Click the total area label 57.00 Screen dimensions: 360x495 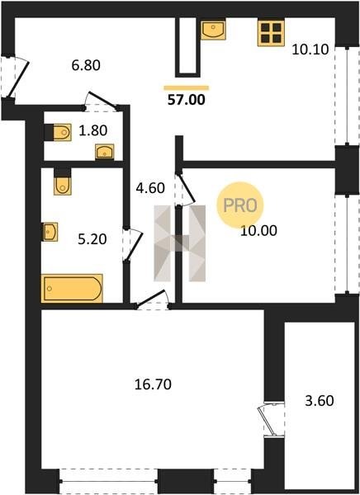pyautogui.click(x=186, y=100)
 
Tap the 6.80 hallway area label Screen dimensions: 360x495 pyautogui.click(x=86, y=65)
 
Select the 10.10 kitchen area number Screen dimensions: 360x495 pyautogui.click(x=310, y=49)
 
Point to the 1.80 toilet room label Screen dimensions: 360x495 pyautogui.click(x=93, y=130)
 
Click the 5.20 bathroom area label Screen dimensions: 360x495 pyautogui.click(x=92, y=239)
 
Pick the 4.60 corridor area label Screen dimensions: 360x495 pyautogui.click(x=150, y=188)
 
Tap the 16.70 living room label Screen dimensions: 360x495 pyautogui.click(x=153, y=384)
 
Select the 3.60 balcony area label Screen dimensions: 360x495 pyautogui.click(x=320, y=401)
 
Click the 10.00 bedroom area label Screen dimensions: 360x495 pyautogui.click(x=258, y=231)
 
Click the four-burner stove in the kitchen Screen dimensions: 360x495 pyautogui.click(x=271, y=32)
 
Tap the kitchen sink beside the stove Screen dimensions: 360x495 pyautogui.click(x=213, y=30)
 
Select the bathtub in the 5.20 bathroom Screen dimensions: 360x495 pyautogui.click(x=72, y=288)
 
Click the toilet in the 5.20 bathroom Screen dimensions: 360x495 pyautogui.click(x=62, y=181)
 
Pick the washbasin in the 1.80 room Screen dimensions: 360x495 pyautogui.click(x=105, y=152)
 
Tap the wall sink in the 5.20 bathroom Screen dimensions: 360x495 pyautogui.click(x=50, y=232)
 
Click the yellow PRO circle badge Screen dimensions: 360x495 pyautogui.click(x=240, y=205)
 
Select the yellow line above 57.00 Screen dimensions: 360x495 pyautogui.click(x=187, y=87)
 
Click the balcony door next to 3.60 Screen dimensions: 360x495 pyautogui.click(x=273, y=420)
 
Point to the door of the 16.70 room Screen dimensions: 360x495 pyautogui.click(x=153, y=299)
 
